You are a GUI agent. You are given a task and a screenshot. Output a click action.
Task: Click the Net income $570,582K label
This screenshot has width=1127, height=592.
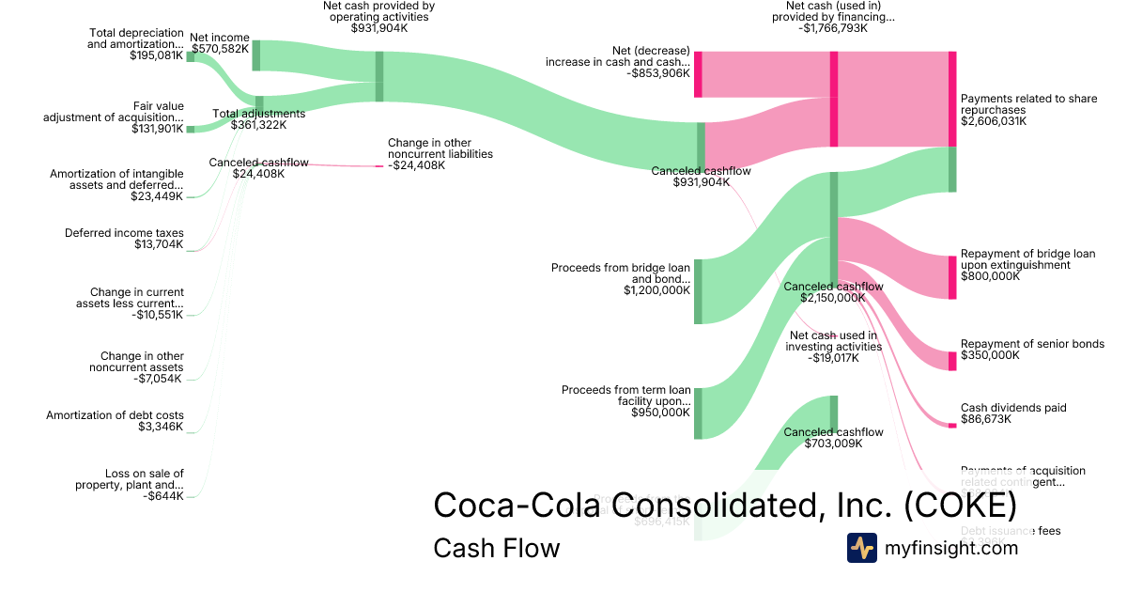click(220, 43)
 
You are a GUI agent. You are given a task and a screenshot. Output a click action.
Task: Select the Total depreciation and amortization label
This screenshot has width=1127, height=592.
click(135, 43)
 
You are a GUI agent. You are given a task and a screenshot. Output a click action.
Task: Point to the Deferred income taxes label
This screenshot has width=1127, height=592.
click(124, 239)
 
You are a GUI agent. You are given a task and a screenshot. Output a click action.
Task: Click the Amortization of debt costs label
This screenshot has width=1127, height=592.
click(129, 421)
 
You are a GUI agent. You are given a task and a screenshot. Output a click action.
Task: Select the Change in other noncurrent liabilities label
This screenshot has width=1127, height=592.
click(440, 154)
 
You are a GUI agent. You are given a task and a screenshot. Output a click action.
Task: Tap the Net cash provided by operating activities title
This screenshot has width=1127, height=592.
click(378, 17)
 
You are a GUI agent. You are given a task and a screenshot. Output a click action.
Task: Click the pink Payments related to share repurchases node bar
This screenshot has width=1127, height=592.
click(952, 99)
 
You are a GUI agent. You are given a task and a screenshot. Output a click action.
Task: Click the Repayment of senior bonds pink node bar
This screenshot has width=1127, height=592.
click(952, 361)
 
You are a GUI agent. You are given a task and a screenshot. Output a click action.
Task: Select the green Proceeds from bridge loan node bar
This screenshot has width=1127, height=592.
click(698, 291)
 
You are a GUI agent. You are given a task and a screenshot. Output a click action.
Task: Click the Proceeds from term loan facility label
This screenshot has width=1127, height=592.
click(625, 400)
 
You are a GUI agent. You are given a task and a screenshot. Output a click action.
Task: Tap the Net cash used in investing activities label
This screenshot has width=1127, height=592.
click(833, 346)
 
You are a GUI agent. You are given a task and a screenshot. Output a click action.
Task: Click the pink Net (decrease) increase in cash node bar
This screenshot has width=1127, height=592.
click(698, 74)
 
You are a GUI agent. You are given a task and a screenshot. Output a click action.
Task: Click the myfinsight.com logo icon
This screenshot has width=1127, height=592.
click(862, 548)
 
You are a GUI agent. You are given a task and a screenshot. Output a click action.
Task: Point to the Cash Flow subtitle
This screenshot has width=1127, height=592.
click(496, 548)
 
